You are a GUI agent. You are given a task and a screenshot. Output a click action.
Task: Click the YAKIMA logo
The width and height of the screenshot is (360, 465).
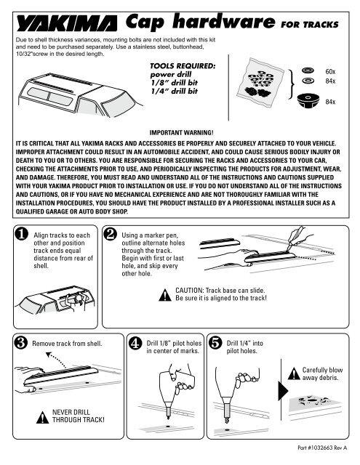tap(67, 24)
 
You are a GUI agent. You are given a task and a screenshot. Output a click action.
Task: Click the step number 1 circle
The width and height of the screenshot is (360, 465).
tap(21, 234)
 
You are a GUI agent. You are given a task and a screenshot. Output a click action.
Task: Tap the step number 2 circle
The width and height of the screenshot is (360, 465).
tap(110, 234)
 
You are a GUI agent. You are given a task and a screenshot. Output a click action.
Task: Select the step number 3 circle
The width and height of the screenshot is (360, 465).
tap(21, 343)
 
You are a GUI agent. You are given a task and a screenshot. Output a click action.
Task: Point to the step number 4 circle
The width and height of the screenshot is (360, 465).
tap(135, 343)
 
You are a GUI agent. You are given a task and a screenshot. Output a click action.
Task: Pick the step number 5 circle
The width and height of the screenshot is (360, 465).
tap(215, 343)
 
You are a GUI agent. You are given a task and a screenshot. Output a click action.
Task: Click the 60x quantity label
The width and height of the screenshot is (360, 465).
tap(330, 71)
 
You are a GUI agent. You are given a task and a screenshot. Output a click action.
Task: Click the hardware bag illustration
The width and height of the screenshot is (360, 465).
tap(260, 82)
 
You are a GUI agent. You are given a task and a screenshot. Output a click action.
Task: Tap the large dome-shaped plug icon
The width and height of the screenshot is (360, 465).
tap(308, 100)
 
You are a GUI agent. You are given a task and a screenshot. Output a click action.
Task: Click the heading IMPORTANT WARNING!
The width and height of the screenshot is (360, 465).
tap(181, 132)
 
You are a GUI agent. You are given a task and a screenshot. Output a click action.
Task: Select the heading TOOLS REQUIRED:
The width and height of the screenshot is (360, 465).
tap(183, 66)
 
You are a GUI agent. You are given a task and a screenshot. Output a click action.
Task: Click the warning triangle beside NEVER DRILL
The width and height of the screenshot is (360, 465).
tap(42, 417)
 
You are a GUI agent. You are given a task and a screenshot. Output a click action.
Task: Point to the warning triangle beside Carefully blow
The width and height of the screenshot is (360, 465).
tap(294, 373)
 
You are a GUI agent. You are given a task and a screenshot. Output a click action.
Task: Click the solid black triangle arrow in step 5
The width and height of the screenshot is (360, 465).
tap(283, 391)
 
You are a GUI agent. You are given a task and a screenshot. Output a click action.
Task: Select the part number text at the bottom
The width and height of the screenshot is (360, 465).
tap(322, 448)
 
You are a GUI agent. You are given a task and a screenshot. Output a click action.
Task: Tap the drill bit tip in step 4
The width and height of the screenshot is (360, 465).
tap(168, 418)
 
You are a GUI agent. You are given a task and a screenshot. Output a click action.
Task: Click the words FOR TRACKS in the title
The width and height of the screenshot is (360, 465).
tap(310, 24)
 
